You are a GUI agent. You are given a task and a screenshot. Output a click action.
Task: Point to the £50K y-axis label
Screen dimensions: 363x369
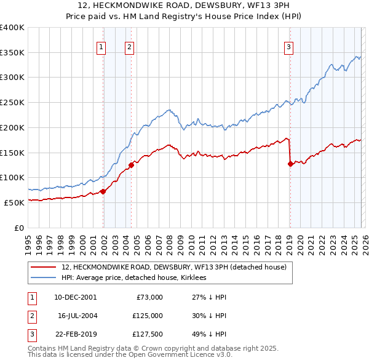pos(14,202)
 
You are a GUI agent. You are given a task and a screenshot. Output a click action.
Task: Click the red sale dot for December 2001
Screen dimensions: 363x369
pos(103,191)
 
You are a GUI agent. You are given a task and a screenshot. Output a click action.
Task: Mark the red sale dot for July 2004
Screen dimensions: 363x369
pos(131,165)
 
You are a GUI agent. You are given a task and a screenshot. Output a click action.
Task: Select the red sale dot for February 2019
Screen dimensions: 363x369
pos(290,164)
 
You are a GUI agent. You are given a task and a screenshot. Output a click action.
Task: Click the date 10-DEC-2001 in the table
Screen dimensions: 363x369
pos(76,297)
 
